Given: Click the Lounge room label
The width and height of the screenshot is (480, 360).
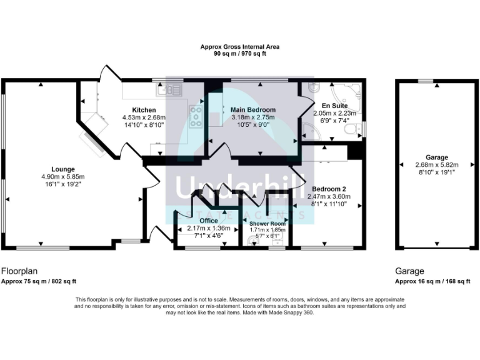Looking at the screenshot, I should tap(63, 169).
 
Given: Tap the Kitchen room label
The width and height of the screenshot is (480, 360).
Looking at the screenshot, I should tap(143, 110).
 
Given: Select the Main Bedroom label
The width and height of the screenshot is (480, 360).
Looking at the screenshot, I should tap(253, 110).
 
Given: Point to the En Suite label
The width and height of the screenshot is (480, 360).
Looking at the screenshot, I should tap(334, 106).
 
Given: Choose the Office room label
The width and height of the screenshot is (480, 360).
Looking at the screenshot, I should tap(209, 221).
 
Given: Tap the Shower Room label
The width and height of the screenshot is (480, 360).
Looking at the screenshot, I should tap(267, 223).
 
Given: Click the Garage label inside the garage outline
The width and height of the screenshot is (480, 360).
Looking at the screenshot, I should tap(437, 157).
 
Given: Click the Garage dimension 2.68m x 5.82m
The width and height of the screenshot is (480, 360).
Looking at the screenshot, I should tap(437, 165).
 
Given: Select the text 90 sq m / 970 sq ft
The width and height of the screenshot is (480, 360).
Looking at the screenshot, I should tap(239, 54).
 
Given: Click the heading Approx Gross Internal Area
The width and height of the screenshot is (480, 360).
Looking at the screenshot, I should tap(239, 47).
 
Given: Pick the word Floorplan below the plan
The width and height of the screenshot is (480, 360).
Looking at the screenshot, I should tap(20, 271).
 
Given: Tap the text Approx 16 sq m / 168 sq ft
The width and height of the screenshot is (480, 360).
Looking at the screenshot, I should tap(432, 282).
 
